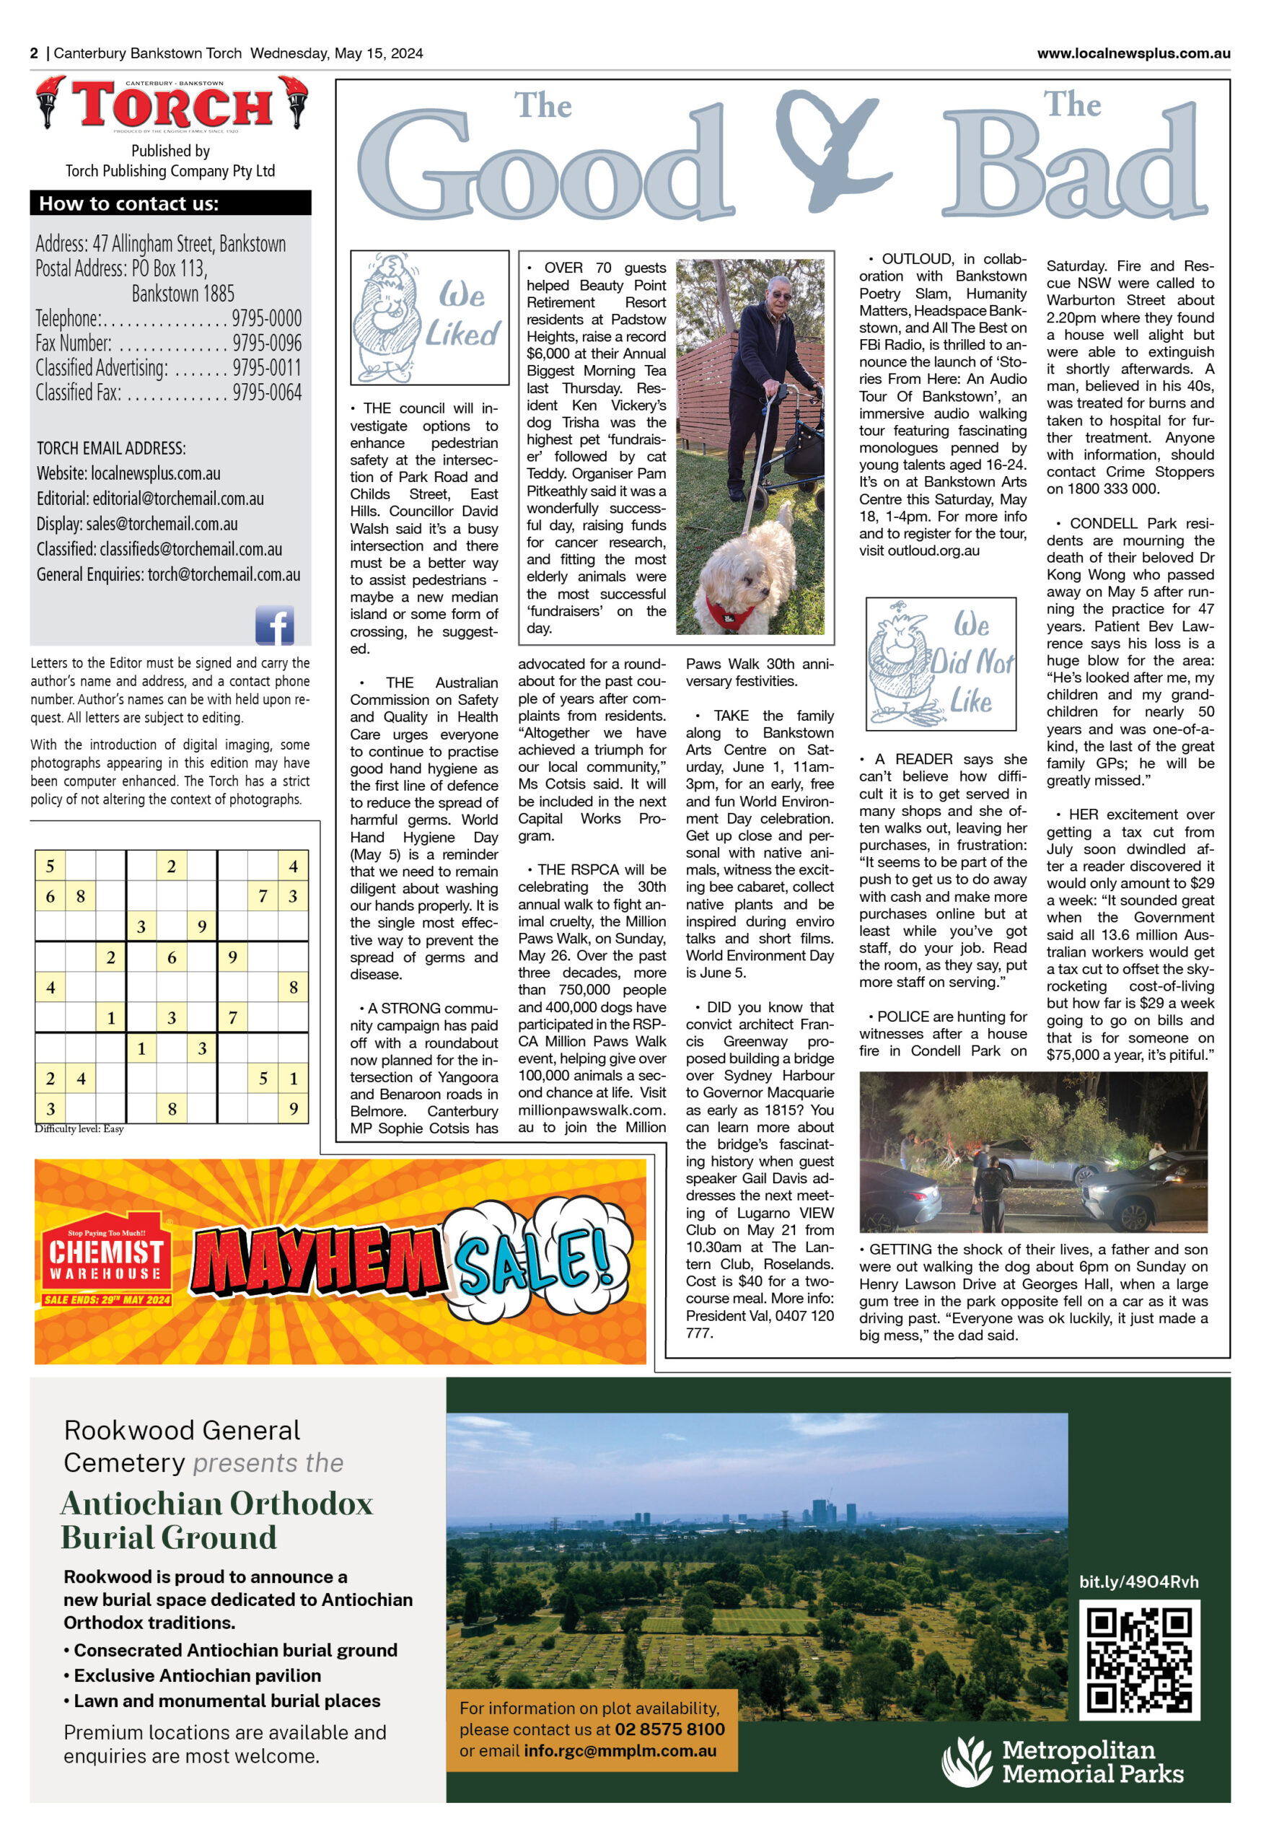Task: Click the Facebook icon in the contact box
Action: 274,625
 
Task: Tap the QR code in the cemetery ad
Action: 1138,1659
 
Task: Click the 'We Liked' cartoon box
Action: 429,318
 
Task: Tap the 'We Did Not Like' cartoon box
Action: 941,664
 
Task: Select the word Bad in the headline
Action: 1074,167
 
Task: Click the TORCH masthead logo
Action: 172,104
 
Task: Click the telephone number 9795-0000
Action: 267,319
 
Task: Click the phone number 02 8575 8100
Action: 669,1729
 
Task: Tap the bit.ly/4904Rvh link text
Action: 1138,1581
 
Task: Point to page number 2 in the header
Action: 34,53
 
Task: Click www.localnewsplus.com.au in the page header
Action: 1133,53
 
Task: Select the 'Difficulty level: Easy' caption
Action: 79,1128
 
